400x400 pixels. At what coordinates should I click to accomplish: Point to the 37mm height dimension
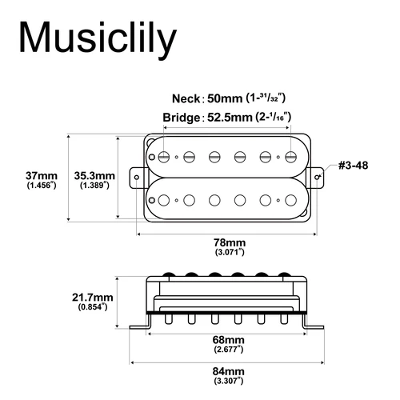click(x=41, y=174)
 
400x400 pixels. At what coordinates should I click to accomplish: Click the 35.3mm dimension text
click(x=94, y=174)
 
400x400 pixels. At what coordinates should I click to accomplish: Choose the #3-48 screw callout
click(x=352, y=166)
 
